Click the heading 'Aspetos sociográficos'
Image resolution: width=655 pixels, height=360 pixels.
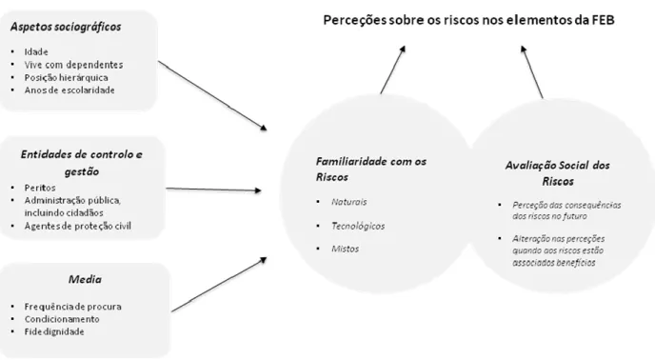(x=66, y=27)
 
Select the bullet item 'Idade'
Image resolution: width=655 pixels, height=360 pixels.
(x=36, y=51)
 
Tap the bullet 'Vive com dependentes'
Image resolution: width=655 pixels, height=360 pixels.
(x=73, y=65)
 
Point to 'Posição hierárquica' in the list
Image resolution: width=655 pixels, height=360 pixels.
(x=66, y=77)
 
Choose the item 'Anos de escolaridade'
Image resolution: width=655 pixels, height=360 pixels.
(x=69, y=90)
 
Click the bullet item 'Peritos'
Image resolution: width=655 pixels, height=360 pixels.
(x=40, y=188)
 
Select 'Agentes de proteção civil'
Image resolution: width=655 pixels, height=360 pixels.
(x=78, y=226)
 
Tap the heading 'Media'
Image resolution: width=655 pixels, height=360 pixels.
(x=85, y=279)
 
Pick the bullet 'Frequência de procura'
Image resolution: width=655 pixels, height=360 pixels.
(x=72, y=307)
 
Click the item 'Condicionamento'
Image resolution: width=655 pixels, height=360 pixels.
(x=62, y=319)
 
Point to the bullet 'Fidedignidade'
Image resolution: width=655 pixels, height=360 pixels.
(x=54, y=331)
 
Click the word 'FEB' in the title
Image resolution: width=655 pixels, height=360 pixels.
(x=604, y=20)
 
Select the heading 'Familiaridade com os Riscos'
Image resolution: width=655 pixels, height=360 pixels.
(x=371, y=169)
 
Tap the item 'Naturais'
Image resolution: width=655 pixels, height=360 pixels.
(x=349, y=202)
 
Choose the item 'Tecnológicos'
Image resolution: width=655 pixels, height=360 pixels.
(x=358, y=227)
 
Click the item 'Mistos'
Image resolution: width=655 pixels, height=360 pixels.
(x=345, y=249)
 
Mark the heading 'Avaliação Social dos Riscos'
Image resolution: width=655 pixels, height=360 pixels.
(x=558, y=173)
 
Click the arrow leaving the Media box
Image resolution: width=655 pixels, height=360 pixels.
(x=219, y=285)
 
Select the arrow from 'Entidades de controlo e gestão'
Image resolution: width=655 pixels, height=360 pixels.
(x=214, y=190)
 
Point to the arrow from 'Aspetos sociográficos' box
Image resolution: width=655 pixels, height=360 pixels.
(x=212, y=96)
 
